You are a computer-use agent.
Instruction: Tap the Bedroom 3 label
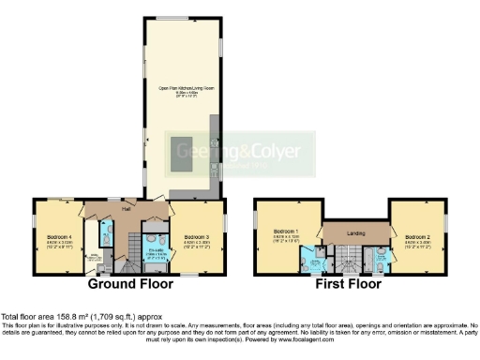point(196,236)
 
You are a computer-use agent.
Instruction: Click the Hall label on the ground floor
point(125,209)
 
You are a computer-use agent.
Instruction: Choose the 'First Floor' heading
point(354,282)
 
